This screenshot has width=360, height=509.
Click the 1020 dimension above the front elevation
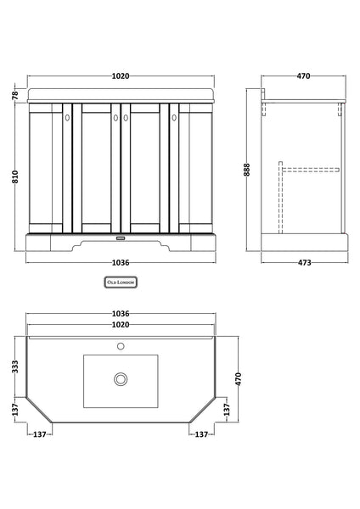tap(122, 76)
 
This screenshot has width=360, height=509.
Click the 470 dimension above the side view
tap(305, 76)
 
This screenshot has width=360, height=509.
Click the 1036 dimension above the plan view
tap(122, 316)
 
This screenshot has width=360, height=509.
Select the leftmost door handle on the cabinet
tap(67, 120)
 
